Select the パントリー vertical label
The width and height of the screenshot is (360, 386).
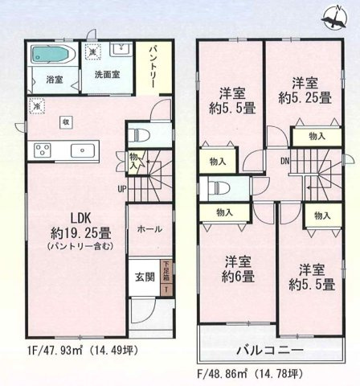pyautogui.click(x=153, y=68)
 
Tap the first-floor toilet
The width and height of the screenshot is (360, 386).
pyautogui.click(x=143, y=135)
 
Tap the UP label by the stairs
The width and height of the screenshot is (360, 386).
pyautogui.click(x=121, y=189)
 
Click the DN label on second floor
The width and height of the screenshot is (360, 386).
pyautogui.click(x=284, y=160)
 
